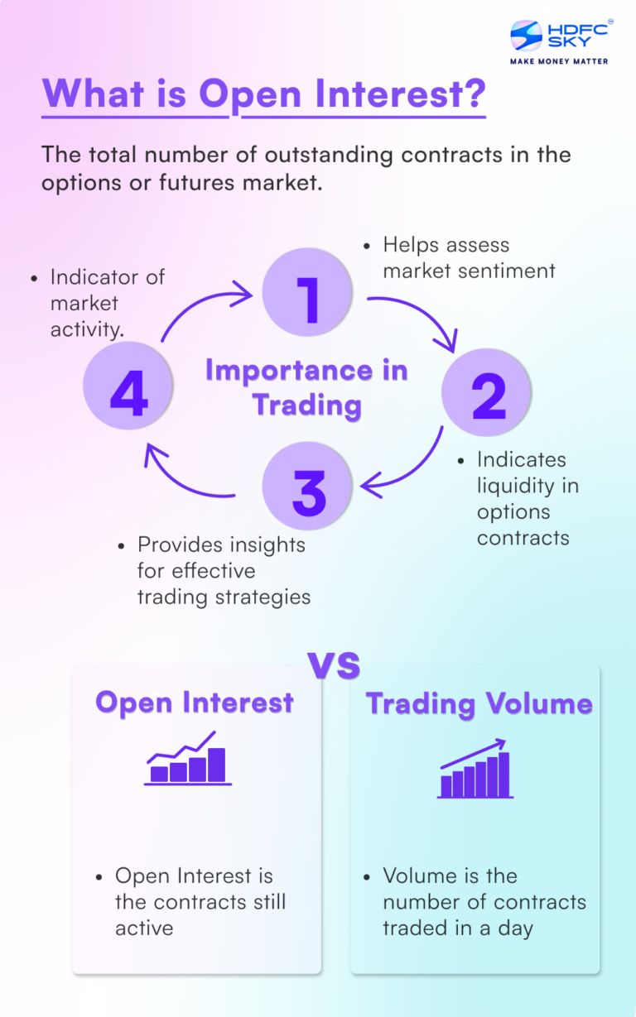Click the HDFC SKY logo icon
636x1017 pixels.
pyautogui.click(x=526, y=36)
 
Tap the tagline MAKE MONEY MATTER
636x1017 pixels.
pyautogui.click(x=559, y=61)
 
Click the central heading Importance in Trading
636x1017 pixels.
pyautogui.click(x=307, y=387)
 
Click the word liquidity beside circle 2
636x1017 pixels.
pyautogui.click(x=527, y=485)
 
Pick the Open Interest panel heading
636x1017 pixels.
pyautogui.click(x=195, y=703)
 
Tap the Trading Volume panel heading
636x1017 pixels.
pyautogui.click(x=479, y=703)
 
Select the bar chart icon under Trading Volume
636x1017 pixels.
pyautogui.click(x=475, y=770)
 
